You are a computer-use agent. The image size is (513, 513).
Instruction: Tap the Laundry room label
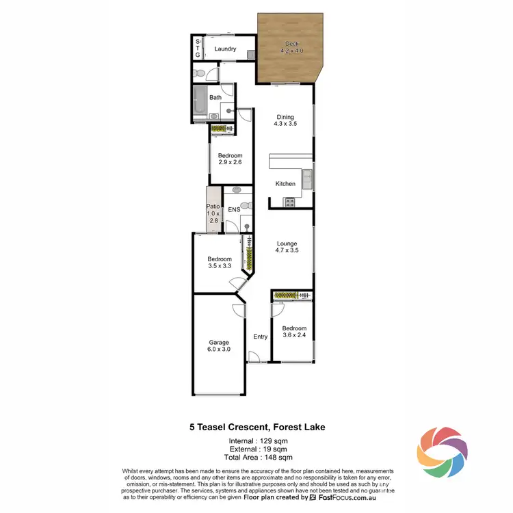pos(225,49)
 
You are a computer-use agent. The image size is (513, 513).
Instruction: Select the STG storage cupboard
pos(198,48)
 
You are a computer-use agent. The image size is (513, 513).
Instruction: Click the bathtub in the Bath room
pos(200,101)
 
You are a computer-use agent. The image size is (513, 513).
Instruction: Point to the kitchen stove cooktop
pos(289,202)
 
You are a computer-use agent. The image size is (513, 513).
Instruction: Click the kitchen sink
pos(307,179)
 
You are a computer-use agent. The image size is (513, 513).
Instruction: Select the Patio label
pos(213,206)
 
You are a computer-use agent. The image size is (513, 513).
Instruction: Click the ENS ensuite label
pos(233,209)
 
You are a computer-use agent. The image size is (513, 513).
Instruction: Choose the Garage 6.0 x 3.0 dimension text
pos(219,350)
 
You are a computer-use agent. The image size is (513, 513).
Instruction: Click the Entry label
pos(260,337)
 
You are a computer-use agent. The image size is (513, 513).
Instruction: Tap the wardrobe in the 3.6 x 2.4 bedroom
pos(293,295)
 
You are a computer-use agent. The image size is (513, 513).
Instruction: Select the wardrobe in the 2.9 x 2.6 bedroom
pos(222,128)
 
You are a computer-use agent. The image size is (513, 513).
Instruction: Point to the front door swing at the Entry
pos(253,356)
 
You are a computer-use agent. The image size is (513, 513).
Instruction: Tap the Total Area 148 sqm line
pos(256,457)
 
